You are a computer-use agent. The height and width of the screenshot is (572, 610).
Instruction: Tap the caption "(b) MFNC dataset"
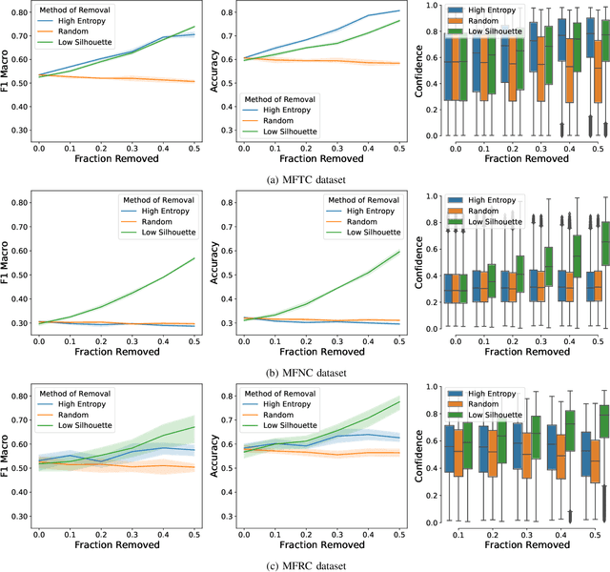[304, 374]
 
